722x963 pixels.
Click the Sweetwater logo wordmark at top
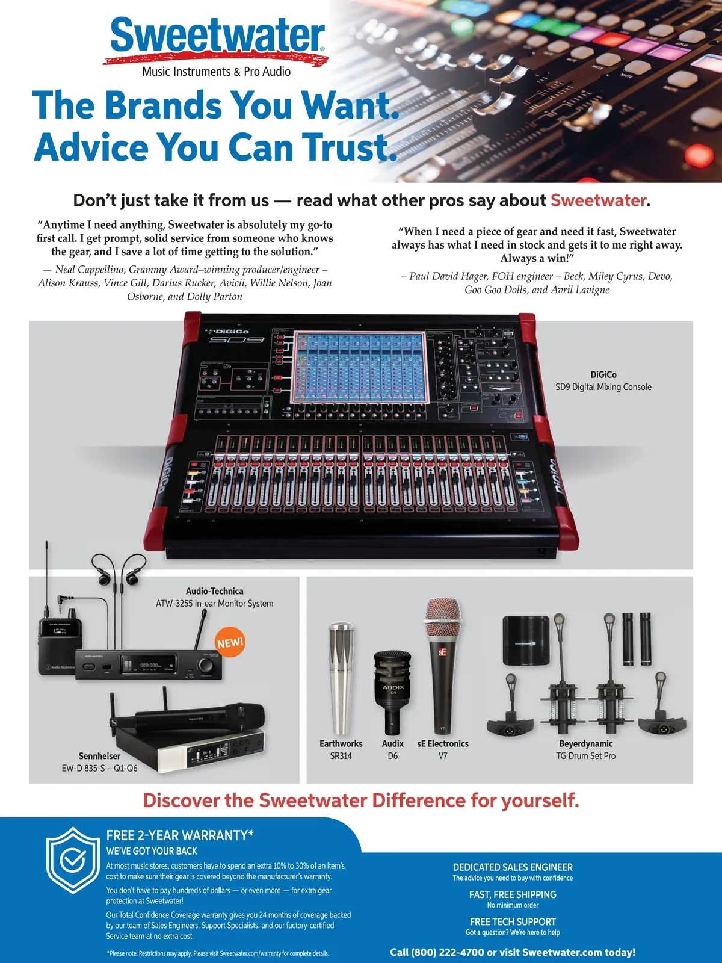click(x=217, y=35)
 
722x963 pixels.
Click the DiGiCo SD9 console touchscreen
click(x=360, y=367)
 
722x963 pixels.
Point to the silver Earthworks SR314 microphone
click(x=341, y=678)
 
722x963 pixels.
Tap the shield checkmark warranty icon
click(x=72, y=860)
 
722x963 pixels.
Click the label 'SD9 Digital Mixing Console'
click(x=603, y=387)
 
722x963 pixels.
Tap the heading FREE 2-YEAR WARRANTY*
click(x=180, y=835)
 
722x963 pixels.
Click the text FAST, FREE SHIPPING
click(x=513, y=894)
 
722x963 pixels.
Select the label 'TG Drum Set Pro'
click(x=585, y=756)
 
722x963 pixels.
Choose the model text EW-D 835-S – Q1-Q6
click(x=99, y=768)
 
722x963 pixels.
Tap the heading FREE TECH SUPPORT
click(x=513, y=921)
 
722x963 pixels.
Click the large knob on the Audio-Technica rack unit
click(x=205, y=665)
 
